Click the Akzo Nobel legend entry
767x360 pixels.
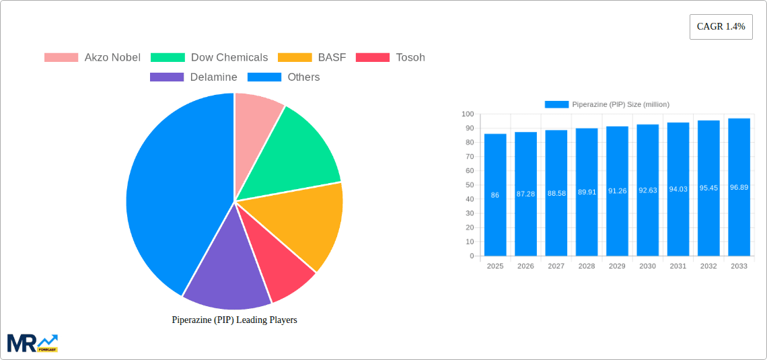click(92, 58)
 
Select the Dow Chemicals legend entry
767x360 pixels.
click(209, 58)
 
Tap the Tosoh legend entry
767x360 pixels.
click(390, 58)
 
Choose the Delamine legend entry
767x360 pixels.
click(194, 77)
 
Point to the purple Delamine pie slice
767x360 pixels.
click(225, 269)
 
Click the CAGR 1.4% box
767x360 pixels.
click(721, 27)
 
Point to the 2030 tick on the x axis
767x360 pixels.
click(647, 266)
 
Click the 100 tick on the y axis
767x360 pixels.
click(468, 114)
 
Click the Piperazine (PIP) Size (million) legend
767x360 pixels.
click(607, 104)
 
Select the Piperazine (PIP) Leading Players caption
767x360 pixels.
click(234, 320)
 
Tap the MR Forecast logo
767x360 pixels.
click(32, 343)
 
